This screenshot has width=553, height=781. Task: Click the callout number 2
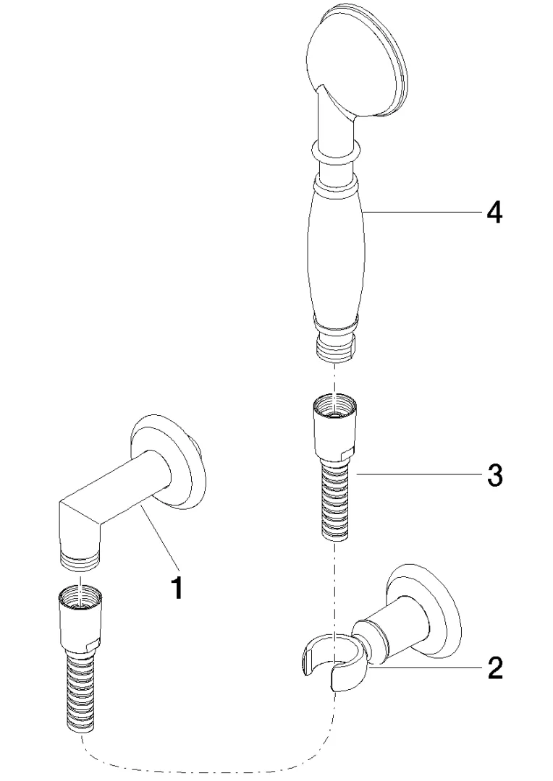(494, 667)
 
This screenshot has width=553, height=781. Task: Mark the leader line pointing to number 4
(420, 211)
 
